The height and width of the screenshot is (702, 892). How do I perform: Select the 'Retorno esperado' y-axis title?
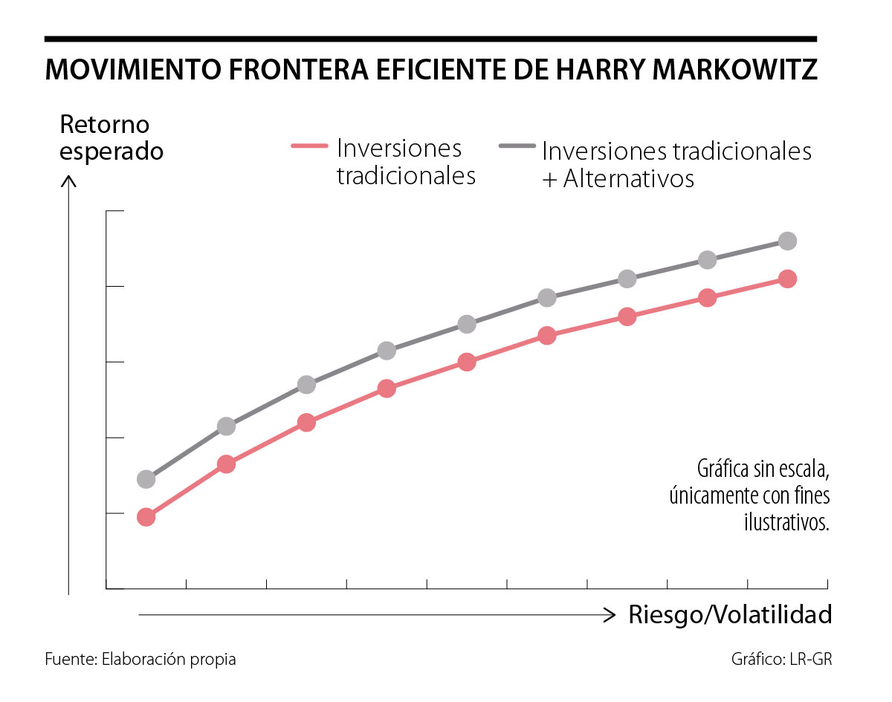[x=111, y=137]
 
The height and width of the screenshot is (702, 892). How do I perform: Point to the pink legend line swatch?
[x=308, y=147]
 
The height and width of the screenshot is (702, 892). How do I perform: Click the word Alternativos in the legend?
[x=628, y=179]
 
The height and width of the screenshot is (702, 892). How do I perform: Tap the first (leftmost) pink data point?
[x=146, y=517]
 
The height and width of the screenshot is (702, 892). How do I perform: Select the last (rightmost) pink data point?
[x=788, y=279]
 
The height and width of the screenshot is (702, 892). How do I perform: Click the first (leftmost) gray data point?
[x=146, y=479]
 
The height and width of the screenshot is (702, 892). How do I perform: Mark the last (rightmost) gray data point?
[x=788, y=241]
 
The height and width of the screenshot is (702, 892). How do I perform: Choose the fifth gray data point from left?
[x=467, y=324]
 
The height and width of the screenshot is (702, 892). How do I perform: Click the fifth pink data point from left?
[x=467, y=362]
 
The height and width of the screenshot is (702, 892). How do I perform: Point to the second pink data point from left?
[x=227, y=464]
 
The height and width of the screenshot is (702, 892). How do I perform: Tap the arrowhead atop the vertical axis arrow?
[x=68, y=180]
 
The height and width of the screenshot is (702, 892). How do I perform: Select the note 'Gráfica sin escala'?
[x=763, y=469]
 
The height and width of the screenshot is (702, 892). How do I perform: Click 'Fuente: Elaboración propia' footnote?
[x=140, y=659]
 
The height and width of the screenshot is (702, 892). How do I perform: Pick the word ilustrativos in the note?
[x=786, y=521]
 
